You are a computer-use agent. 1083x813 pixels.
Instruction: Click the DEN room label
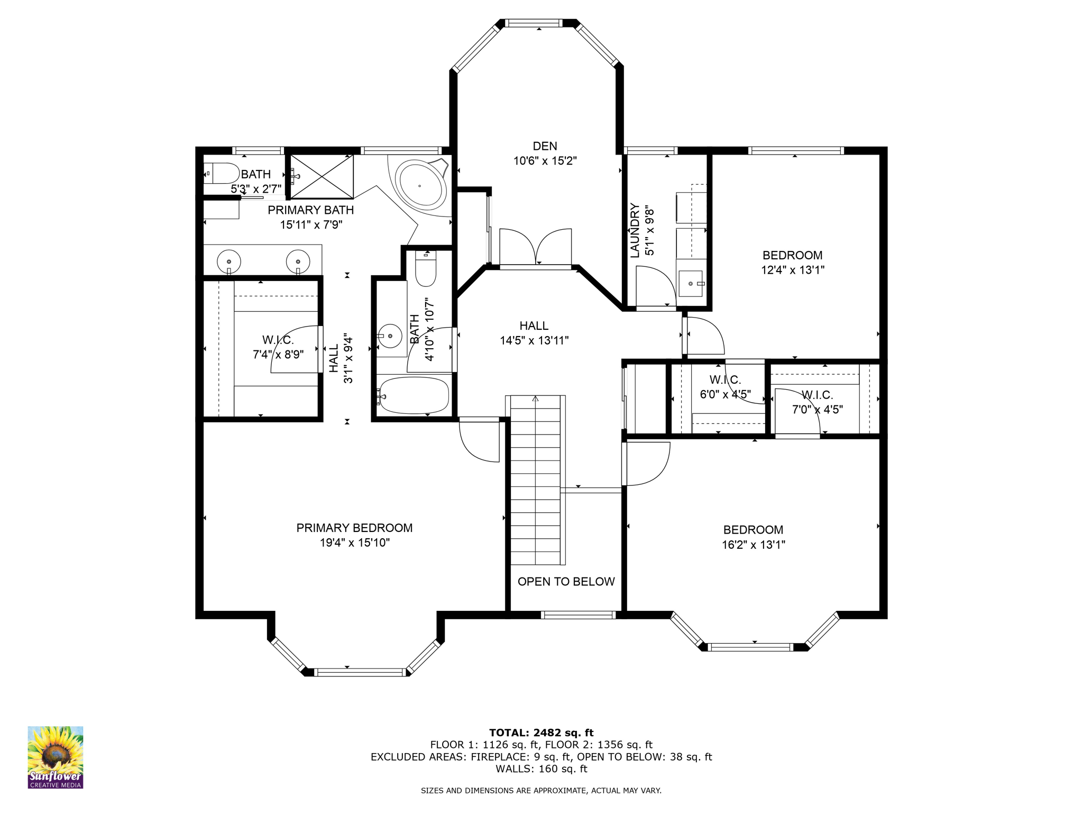[x=545, y=146]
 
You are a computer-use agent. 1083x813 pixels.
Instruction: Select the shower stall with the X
[x=322, y=176]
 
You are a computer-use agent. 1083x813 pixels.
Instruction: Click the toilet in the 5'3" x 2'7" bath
[x=222, y=173]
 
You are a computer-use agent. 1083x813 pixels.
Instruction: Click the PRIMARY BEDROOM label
[x=354, y=528]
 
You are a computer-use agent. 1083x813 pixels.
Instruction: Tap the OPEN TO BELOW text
[x=566, y=582]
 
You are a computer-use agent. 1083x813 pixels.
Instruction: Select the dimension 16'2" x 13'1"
[x=753, y=545]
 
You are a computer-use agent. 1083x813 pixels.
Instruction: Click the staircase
[x=535, y=479]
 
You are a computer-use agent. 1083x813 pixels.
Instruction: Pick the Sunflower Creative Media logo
[x=56, y=757]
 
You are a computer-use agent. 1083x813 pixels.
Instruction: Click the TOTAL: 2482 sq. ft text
[x=541, y=733]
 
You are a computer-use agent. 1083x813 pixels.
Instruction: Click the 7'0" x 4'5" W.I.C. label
[x=817, y=409]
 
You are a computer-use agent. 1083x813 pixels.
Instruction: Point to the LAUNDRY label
[x=635, y=230]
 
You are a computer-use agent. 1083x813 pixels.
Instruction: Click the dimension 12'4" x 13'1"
[x=792, y=270]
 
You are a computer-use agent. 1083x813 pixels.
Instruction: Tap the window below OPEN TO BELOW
[x=579, y=615]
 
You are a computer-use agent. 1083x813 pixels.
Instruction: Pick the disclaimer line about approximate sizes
[x=541, y=791]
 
